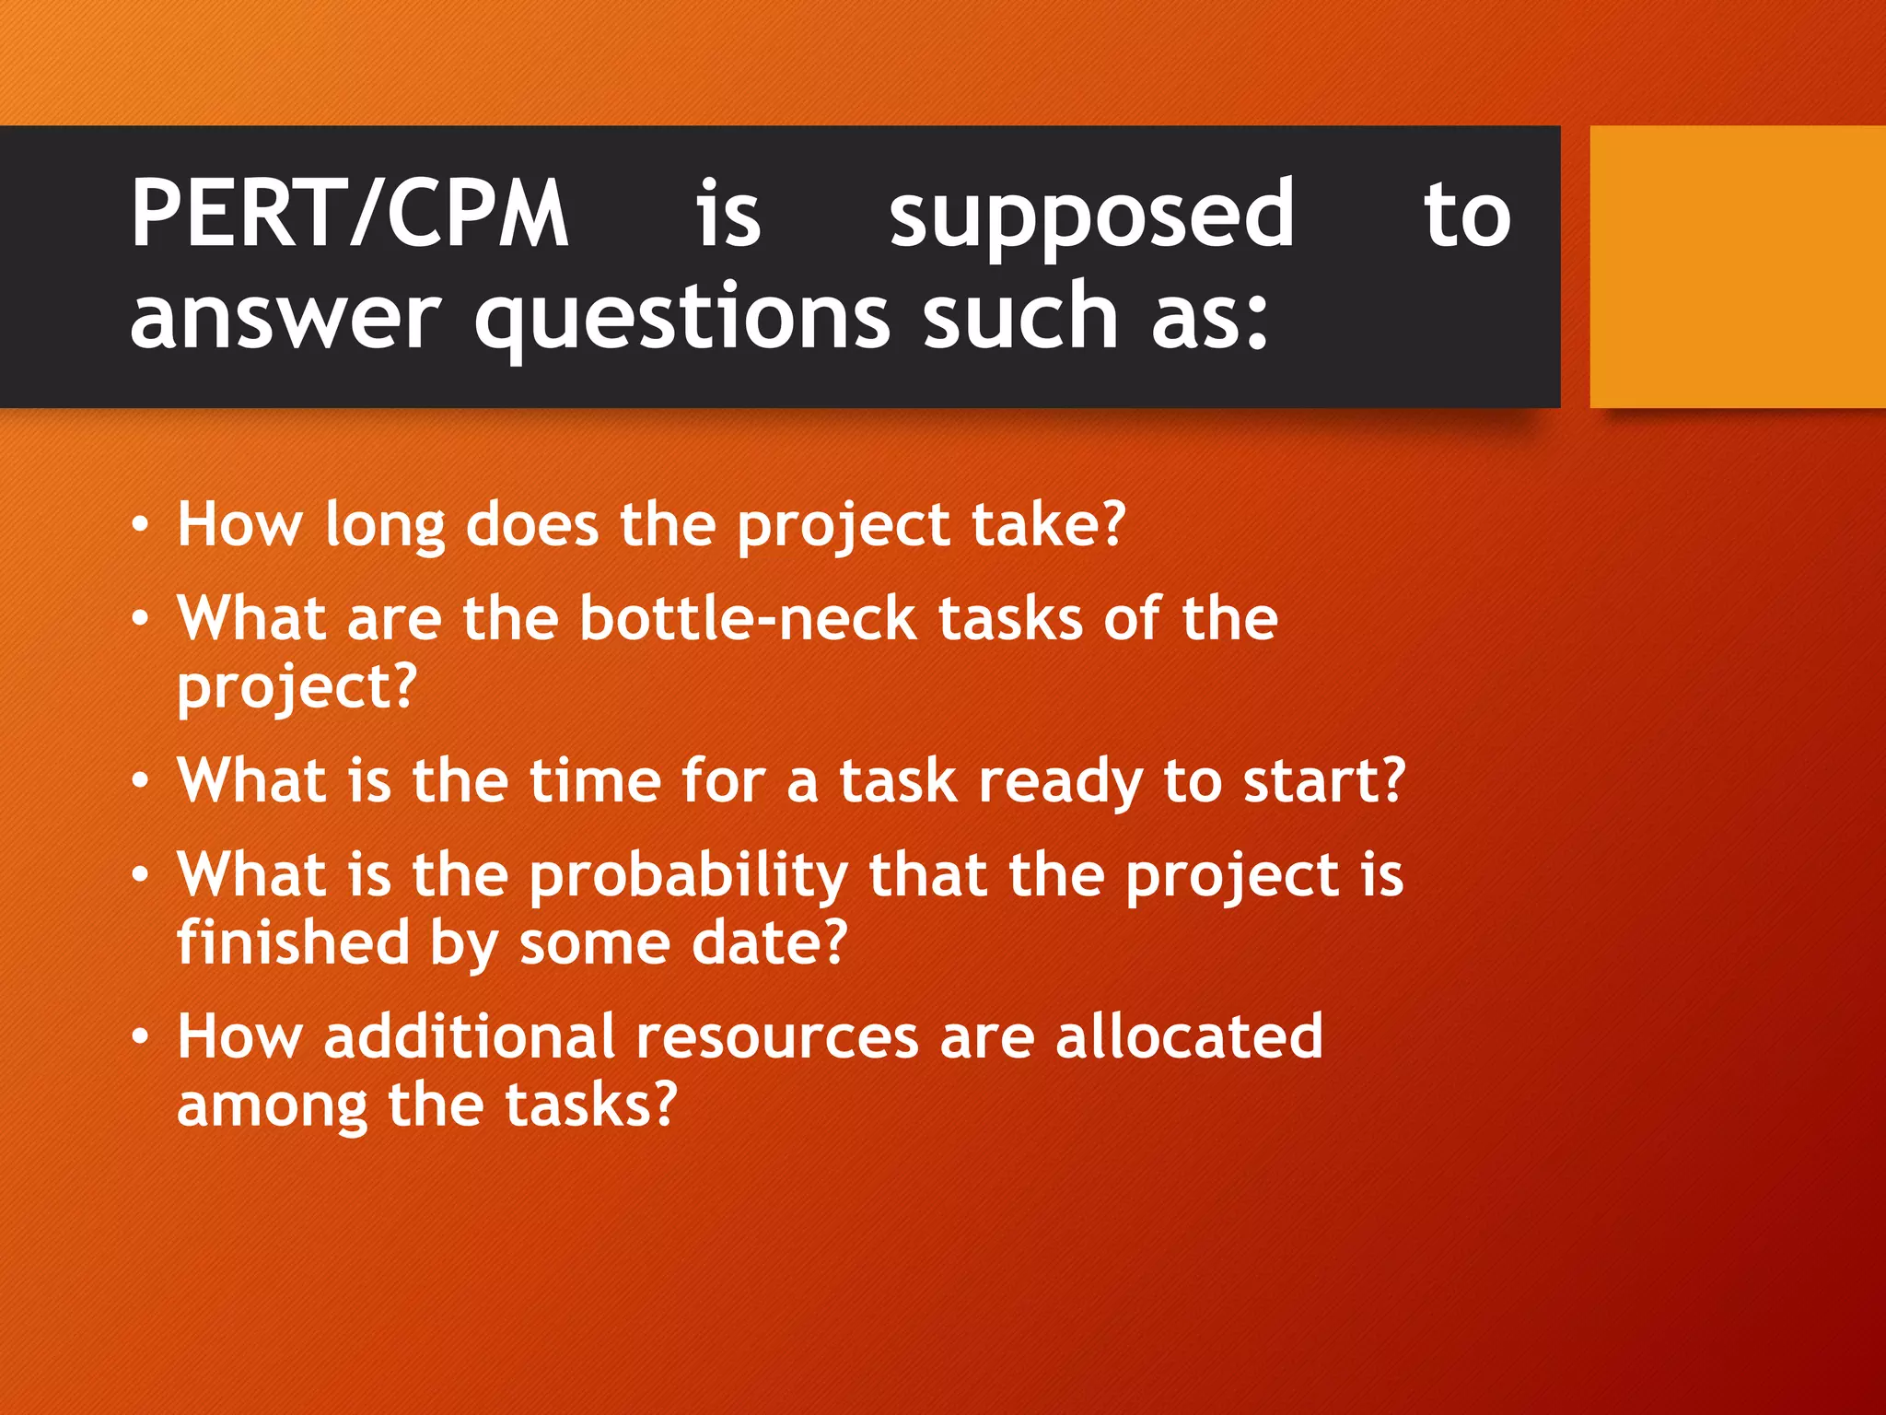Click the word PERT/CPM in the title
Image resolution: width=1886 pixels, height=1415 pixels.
pos(349,214)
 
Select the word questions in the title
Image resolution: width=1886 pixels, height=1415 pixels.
pos(681,319)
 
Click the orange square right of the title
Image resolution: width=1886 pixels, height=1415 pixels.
pos(1737,267)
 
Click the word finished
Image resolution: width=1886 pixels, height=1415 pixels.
pos(293,943)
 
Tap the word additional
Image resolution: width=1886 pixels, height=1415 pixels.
pos(469,1036)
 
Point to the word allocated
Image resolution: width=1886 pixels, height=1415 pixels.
pos(1189,1036)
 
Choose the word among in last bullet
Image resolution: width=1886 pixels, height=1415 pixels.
pos(272,1105)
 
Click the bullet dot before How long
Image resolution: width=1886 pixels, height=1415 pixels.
pos(139,526)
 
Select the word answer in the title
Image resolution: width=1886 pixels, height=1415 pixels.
pos(285,319)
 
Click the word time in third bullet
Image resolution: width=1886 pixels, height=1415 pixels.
pos(595,781)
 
